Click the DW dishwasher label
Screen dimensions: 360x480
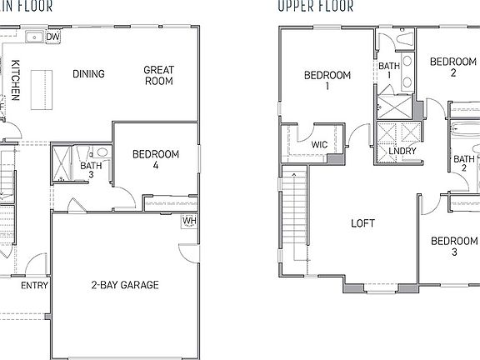[x=52, y=37]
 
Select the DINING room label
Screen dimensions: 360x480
[x=88, y=74]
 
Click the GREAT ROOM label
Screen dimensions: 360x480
[x=158, y=76]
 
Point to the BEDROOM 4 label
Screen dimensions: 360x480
[x=156, y=160]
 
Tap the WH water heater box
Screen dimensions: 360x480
[x=189, y=221]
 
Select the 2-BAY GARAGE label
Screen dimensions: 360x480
[x=125, y=285]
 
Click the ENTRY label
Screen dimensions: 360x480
[x=34, y=286]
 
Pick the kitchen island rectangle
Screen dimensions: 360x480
[x=38, y=88]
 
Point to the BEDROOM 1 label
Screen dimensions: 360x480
[x=327, y=80]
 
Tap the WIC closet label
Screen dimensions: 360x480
[x=319, y=144]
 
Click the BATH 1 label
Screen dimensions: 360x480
[x=389, y=71]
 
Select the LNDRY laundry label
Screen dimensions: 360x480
[x=401, y=151]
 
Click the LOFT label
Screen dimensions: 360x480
[x=362, y=223]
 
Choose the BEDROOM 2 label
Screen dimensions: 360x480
[x=452, y=67]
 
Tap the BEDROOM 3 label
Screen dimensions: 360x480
[x=453, y=247]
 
